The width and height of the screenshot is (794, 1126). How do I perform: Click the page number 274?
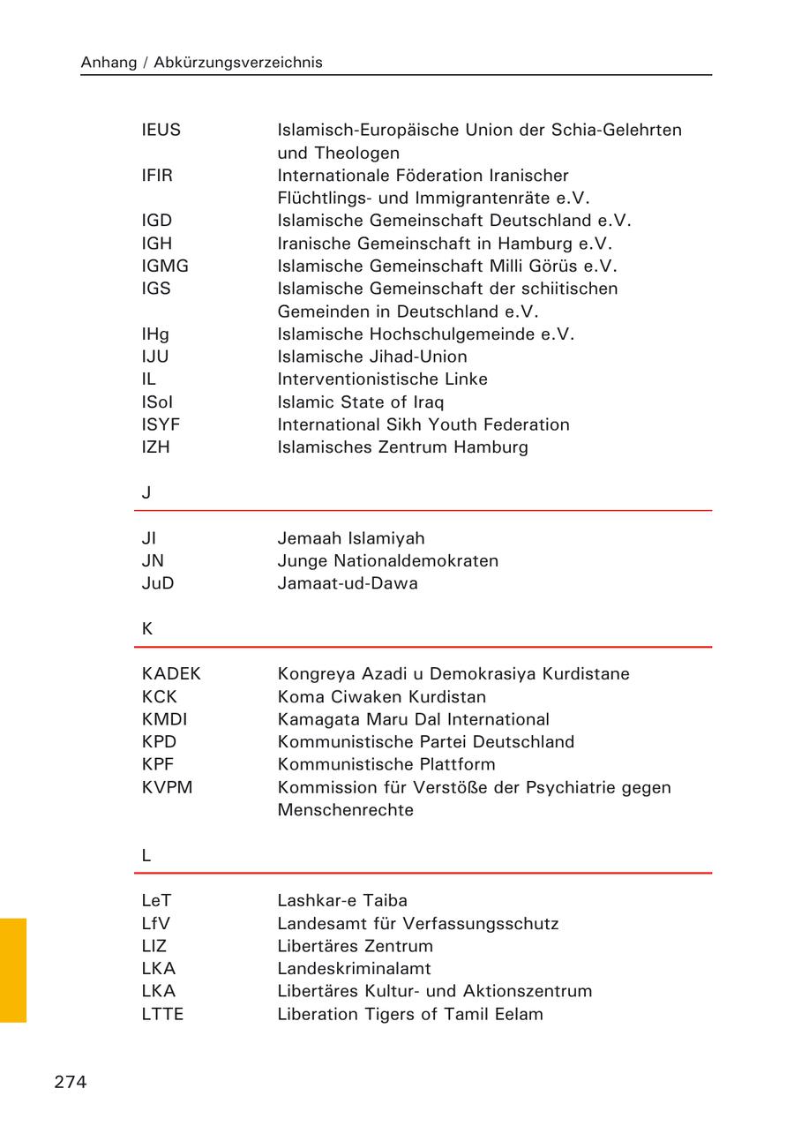pos(71,1083)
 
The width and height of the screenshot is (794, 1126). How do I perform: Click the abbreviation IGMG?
pos(165,266)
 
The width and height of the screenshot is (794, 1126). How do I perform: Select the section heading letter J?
pos(146,493)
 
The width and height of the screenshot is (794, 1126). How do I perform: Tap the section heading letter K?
pos(147,629)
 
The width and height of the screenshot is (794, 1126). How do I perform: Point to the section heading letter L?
pos(146,855)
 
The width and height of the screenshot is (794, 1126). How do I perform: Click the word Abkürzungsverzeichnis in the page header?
pos(238,63)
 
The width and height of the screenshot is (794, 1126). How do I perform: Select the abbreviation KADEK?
pos(171,674)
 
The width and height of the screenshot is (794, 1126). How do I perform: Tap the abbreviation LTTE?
pos(162,1014)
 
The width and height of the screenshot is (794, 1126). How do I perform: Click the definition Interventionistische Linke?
pos(382,379)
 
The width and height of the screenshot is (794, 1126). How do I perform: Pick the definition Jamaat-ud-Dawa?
pos(348,583)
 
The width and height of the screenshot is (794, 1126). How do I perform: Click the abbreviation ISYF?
pos(161,424)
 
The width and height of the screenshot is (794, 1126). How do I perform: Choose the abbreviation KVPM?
pos(167,787)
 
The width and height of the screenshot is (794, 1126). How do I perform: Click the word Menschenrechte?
pos(345,810)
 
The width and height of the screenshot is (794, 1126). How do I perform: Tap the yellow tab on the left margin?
pos(13,970)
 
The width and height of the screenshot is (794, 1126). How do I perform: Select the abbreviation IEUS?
pos(161,130)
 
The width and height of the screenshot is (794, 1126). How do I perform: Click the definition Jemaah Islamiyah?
pos(351,538)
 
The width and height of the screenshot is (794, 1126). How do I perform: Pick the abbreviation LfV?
pos(156,924)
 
